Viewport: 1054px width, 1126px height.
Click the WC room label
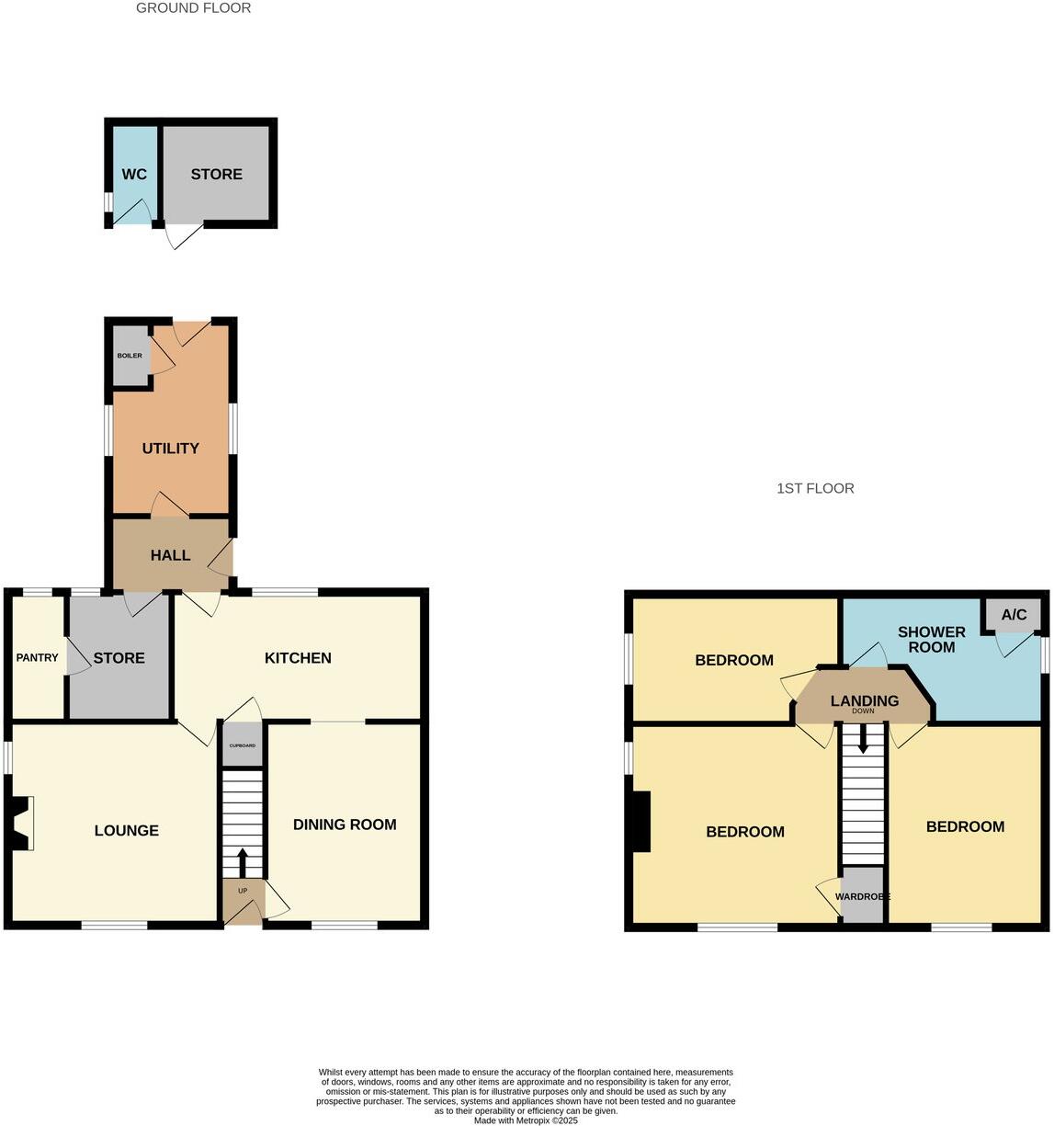coord(134,175)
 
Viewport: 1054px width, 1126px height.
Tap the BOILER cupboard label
coord(130,356)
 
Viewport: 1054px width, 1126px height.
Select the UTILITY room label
coord(170,449)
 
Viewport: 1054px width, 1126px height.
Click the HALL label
coord(170,555)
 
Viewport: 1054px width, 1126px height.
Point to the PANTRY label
coord(37,658)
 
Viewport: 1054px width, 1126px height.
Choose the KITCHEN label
coord(298,658)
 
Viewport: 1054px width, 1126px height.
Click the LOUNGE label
coord(127,831)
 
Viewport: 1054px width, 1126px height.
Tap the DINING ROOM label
coord(345,825)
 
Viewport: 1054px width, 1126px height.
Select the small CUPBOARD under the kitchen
coord(243,745)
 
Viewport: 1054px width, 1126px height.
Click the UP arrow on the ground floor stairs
coord(243,862)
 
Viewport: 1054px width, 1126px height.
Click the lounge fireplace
coord(21,824)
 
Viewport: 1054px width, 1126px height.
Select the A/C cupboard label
coord(1014,615)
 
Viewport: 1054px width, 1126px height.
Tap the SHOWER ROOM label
coord(932,640)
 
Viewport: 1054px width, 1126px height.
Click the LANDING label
coord(864,701)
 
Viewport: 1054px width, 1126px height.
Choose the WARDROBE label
coord(863,896)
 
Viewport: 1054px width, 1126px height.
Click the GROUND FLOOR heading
coord(193,8)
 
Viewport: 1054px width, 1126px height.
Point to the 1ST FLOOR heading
coord(815,489)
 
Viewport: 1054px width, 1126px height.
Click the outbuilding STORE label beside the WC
coord(217,175)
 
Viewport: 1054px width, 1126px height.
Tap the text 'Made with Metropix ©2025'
coord(526,1120)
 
